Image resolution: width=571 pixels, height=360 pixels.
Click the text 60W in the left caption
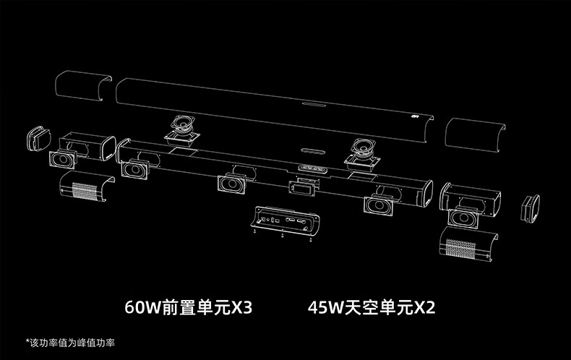tap(142, 309)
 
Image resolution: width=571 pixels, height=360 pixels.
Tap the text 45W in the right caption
tap(322, 309)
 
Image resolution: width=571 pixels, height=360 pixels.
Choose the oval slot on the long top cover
tap(312, 104)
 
